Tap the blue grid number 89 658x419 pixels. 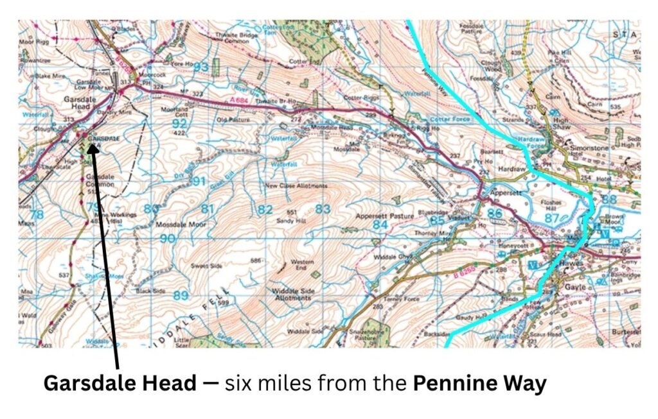181,295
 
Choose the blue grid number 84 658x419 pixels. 380,225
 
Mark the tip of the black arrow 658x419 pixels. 92,145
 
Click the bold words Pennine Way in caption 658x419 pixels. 479,383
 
